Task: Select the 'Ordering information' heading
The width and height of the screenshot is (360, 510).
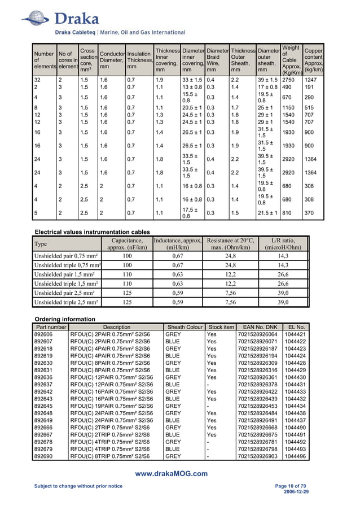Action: point(65,319)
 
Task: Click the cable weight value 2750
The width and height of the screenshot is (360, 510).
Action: point(289,80)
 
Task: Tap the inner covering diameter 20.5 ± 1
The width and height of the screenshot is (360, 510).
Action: point(192,107)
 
